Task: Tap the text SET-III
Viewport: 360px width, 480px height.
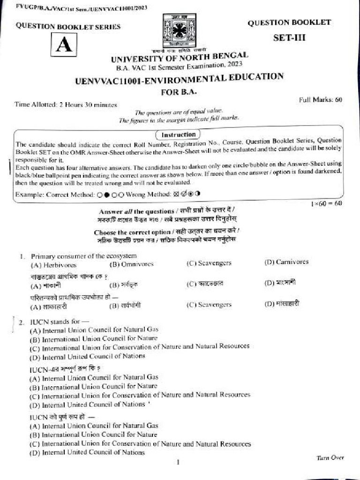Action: pyautogui.click(x=289, y=38)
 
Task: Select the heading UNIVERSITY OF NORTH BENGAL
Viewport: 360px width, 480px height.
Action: pyautogui.click(x=180, y=58)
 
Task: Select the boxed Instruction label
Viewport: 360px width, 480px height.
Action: pyautogui.click(x=178, y=135)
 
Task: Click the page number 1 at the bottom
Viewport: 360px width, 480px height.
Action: pyautogui.click(x=178, y=463)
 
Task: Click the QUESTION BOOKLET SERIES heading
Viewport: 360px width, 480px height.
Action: pyautogui.click(x=68, y=27)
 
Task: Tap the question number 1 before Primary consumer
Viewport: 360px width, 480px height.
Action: pyautogui.click(x=22, y=256)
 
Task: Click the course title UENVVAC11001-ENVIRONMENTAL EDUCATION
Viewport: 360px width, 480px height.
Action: pyautogui.click(x=179, y=79)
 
